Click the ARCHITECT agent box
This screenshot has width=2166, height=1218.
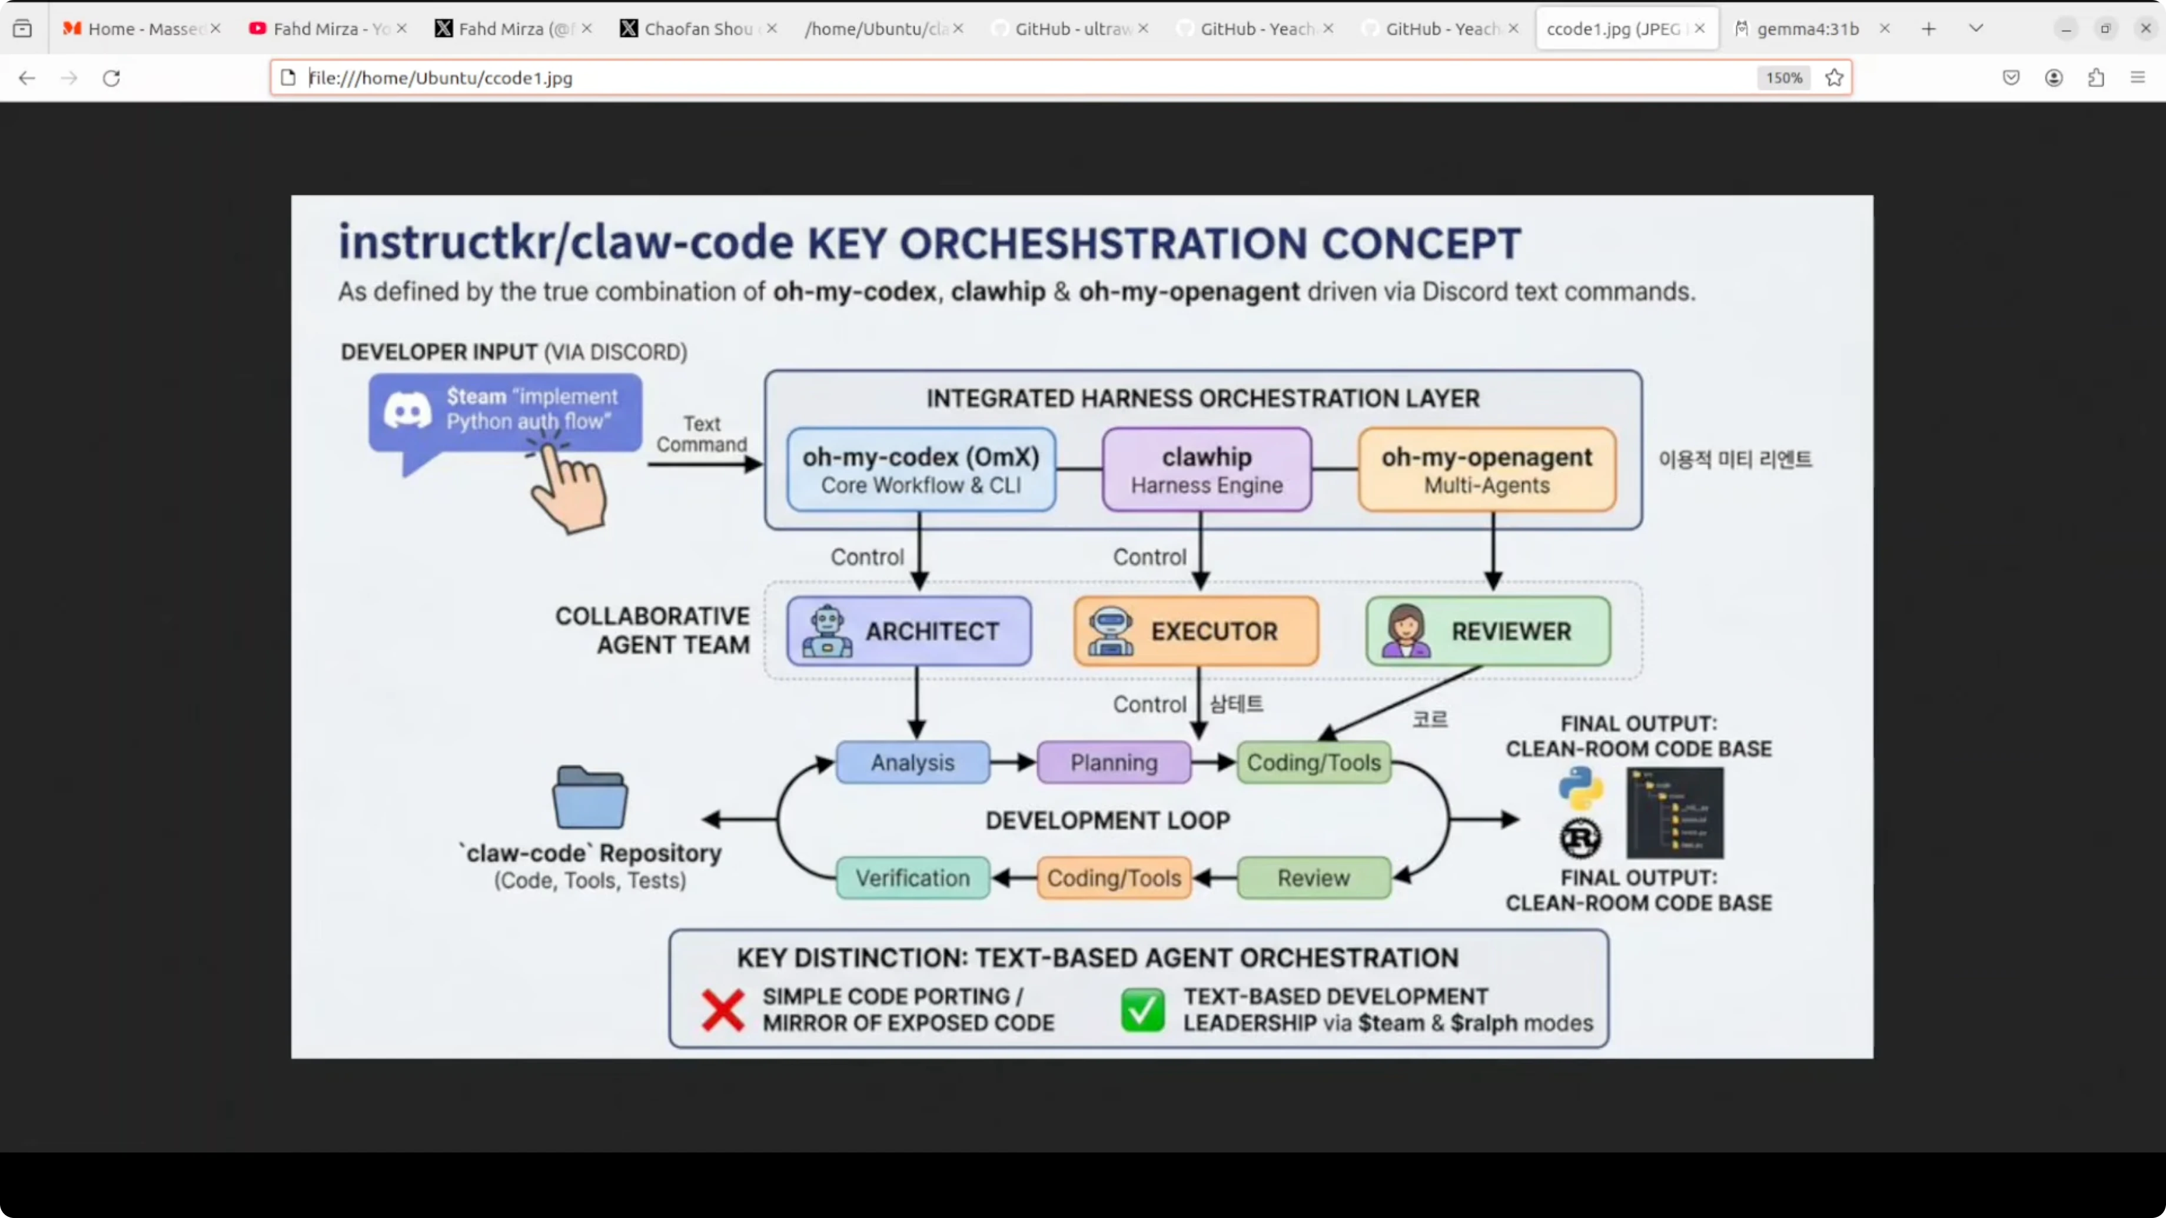pyautogui.click(x=909, y=631)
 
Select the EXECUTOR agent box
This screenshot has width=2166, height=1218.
pyautogui.click(x=1195, y=631)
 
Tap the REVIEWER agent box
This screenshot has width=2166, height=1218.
pyautogui.click(x=1487, y=631)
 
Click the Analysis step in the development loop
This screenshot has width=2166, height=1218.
pyautogui.click(x=912, y=763)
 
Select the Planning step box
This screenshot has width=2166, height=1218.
pyautogui.click(x=1113, y=763)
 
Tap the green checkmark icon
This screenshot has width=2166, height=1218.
pyautogui.click(x=1142, y=1010)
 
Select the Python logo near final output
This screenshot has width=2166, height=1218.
pyautogui.click(x=1580, y=788)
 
